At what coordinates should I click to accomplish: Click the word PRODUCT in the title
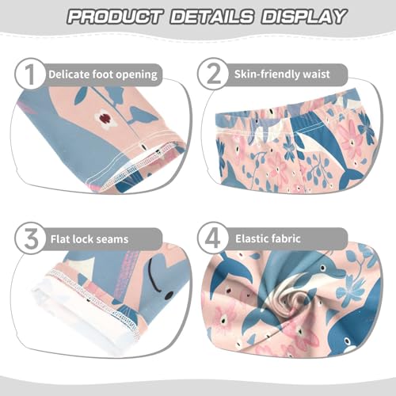pyautogui.click(x=111, y=17)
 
